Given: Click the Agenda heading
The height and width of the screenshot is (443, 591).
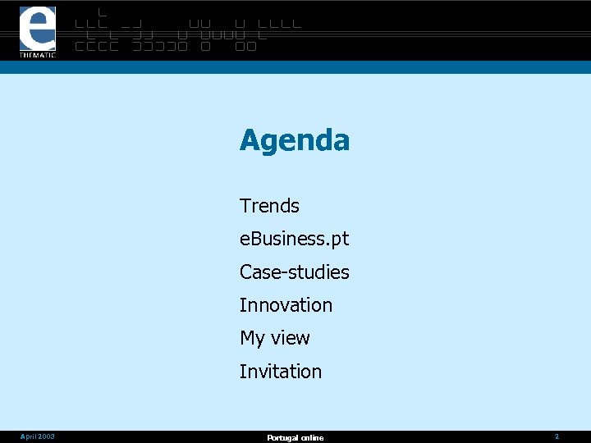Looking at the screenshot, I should pos(295,141).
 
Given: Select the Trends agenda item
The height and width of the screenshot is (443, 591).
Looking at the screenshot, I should pos(269,206).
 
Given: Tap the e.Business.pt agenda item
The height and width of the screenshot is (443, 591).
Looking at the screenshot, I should pos(294,240).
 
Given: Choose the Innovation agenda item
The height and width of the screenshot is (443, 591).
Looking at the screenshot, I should pos(286,305).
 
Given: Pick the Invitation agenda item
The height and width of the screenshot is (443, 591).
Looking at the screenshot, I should pos(281,372).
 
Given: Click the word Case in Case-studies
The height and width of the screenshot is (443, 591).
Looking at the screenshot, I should pos(257,272).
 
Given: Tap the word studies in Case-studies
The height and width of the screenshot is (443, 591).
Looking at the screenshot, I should pos(319,272).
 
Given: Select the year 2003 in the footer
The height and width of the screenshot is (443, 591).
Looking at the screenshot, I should pos(47,437).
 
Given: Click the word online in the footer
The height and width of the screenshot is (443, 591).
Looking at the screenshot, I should pos(311,438).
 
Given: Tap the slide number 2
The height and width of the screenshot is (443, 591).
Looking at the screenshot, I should pos(557,437).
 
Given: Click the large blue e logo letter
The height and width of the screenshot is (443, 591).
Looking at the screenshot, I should pos(38,29).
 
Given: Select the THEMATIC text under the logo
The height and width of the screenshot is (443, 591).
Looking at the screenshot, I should pos(38,55).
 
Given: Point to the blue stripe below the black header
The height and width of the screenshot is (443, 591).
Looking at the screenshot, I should pos(295,67).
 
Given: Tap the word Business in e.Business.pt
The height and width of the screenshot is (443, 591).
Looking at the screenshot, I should pos(289,240).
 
